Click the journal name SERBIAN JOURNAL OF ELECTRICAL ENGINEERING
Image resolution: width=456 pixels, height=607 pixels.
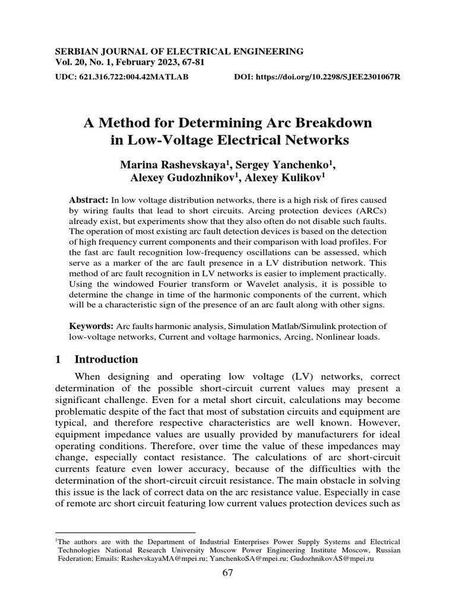click(x=179, y=52)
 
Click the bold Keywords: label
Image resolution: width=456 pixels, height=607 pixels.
click(x=91, y=326)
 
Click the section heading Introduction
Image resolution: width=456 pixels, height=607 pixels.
click(x=106, y=359)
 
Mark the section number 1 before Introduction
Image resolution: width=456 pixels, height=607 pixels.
click(x=58, y=359)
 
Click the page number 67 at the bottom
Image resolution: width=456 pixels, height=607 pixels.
click(x=228, y=573)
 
